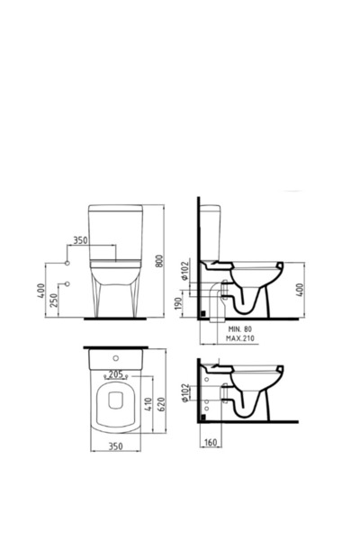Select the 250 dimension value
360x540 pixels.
tap(54, 300)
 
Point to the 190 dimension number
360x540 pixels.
tap(178, 304)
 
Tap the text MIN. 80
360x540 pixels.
tap(240, 329)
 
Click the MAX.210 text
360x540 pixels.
tap(240, 338)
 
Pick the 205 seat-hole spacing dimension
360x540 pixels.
tap(115, 374)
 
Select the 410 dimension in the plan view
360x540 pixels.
tap(148, 405)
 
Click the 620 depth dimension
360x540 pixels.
tap(162, 404)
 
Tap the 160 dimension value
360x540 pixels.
tap(211, 442)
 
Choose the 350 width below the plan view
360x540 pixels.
tap(116, 446)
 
